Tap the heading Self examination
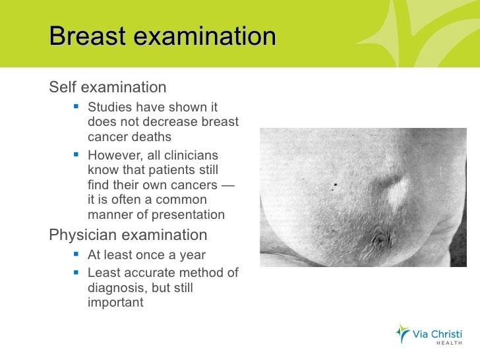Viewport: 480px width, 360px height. click(107, 87)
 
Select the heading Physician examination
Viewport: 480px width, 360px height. click(128, 235)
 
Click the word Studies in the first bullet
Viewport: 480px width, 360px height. click(109, 107)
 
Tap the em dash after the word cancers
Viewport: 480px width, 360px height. click(227, 185)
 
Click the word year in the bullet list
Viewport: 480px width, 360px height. click(191, 255)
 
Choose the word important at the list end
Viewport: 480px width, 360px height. click(115, 303)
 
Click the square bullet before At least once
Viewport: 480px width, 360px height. click(77, 255)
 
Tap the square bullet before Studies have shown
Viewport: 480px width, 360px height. click(77, 107)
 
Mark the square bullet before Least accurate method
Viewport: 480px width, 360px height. click(77, 273)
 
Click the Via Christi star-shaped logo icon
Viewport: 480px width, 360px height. click(402, 334)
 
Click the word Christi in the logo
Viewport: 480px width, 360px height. click(446, 332)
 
